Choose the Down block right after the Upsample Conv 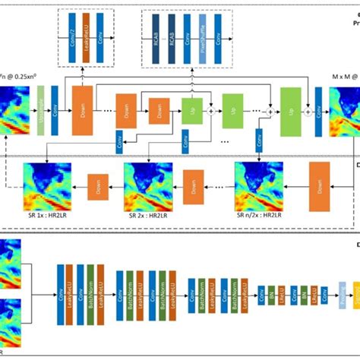81,105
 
